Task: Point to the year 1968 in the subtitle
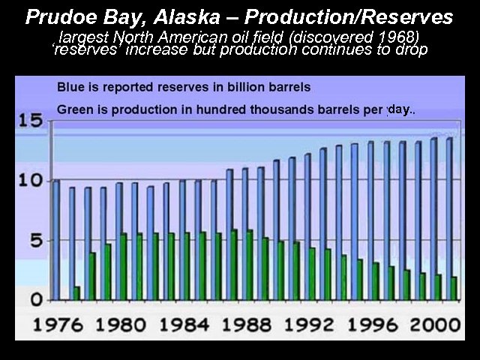(x=397, y=36)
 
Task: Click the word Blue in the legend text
(x=70, y=86)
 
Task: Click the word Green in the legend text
(x=74, y=110)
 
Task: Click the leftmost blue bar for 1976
(x=56, y=240)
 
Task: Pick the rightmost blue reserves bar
(x=450, y=218)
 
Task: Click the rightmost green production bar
(x=454, y=289)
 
